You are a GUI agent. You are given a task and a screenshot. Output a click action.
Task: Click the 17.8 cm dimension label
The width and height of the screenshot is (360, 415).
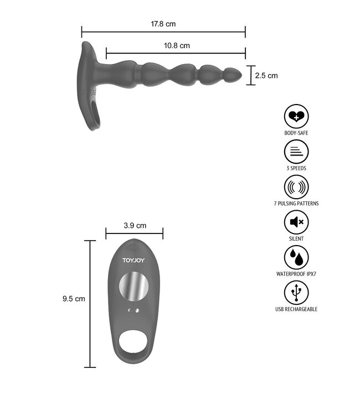click(163, 24)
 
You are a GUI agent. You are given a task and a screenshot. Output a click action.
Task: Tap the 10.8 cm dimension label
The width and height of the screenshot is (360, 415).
click(177, 46)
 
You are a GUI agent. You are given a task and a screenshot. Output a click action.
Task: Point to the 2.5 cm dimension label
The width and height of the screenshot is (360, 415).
click(266, 76)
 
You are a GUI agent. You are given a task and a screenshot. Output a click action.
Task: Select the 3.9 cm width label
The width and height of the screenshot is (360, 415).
click(135, 225)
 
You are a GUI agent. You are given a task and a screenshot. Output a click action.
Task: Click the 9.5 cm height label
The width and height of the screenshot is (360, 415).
click(74, 299)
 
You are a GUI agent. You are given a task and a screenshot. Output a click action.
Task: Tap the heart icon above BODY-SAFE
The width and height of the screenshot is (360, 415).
click(296, 117)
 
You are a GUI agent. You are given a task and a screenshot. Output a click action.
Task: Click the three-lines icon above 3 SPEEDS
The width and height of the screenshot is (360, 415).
click(296, 152)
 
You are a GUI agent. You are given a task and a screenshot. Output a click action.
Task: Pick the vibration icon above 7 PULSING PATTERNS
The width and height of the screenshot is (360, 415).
click(296, 186)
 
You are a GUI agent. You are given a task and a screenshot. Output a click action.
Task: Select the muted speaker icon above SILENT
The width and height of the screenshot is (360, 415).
click(296, 222)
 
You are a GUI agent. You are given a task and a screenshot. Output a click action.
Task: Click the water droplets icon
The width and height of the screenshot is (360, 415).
click(296, 257)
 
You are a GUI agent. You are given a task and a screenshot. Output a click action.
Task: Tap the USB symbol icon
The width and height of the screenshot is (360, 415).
click(296, 292)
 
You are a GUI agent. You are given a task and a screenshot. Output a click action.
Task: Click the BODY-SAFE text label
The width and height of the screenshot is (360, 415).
click(296, 133)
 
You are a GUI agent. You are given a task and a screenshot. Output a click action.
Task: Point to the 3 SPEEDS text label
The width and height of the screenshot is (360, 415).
click(296, 168)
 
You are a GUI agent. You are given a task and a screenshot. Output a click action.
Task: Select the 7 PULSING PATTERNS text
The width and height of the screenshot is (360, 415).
click(296, 203)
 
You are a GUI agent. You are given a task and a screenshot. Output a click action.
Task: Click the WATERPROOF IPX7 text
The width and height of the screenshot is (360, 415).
click(296, 273)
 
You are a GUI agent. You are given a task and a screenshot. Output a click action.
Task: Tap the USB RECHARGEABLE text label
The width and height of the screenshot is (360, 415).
click(296, 309)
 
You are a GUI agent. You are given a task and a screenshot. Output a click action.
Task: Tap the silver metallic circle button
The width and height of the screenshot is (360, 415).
click(133, 286)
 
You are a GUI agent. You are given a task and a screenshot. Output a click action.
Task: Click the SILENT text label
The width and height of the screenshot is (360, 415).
click(296, 238)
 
